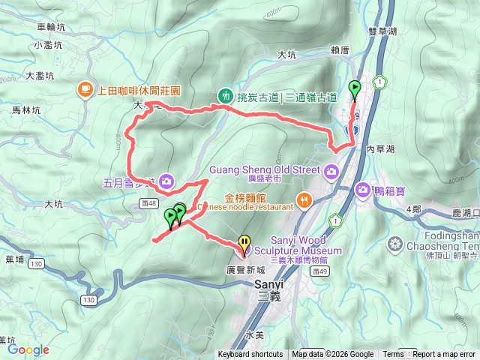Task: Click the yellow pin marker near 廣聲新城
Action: pyautogui.click(x=244, y=243)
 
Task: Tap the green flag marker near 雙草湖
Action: pyautogui.click(x=354, y=89)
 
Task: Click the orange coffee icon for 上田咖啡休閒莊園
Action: pyautogui.click(x=85, y=90)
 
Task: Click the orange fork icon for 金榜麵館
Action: pyautogui.click(x=304, y=200)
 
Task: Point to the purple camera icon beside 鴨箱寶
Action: pyautogui.click(x=364, y=190)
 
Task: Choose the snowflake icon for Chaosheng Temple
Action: pyautogui.click(x=395, y=244)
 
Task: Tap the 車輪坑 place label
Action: pyautogui.click(x=51, y=26)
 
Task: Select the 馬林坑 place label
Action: pyautogui.click(x=26, y=109)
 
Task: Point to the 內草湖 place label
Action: pyautogui.click(x=380, y=149)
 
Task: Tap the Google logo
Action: pyautogui.click(x=28, y=349)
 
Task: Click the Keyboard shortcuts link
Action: pyautogui.click(x=250, y=355)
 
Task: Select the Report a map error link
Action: pyautogui.click(x=445, y=355)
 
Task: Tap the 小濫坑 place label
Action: pyautogui.click(x=47, y=45)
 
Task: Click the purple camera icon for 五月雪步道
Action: pyautogui.click(x=166, y=180)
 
